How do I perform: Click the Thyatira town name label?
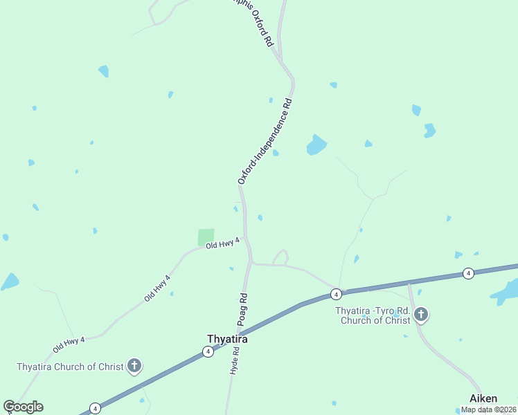[x=227, y=339]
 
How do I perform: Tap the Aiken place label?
[x=483, y=398]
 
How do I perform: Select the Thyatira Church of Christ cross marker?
[x=134, y=365]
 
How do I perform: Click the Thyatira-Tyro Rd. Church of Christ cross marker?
[x=420, y=315]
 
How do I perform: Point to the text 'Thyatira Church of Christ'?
[x=69, y=367]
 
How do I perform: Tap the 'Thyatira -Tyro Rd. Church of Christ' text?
[x=373, y=315]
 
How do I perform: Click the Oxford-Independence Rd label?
[x=265, y=141]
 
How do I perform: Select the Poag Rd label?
[x=243, y=309]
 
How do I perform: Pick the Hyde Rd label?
[x=235, y=360]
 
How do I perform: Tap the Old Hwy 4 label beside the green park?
[x=222, y=243]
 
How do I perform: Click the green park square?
[x=206, y=237]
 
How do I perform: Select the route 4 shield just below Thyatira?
[x=208, y=352]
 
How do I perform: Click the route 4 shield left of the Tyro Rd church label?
[x=336, y=294]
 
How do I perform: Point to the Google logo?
[x=23, y=407]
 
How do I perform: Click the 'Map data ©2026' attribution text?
[x=489, y=409]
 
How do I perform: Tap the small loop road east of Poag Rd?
[x=281, y=257]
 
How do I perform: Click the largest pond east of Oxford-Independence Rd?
[x=316, y=145]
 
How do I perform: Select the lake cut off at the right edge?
[x=507, y=292]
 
